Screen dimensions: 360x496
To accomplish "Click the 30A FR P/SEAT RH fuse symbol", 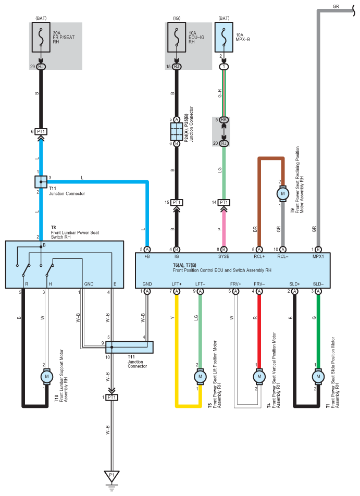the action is coord(41,38).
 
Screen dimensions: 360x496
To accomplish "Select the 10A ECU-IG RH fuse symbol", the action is coord(177,38).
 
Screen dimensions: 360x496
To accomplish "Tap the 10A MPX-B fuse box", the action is coord(224,38).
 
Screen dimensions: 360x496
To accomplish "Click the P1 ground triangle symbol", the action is coord(111,476).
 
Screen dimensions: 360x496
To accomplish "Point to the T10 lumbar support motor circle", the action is coord(47,376).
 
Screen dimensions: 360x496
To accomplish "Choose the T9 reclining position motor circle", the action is coord(282,193).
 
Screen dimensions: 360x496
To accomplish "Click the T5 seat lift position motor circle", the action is coord(200,376).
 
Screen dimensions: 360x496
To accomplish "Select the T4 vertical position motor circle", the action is coord(259,376).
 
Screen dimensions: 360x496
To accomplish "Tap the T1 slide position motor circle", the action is coord(318,376).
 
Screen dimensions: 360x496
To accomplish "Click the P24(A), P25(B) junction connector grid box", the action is coord(177,132).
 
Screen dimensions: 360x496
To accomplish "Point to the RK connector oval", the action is coord(224,120).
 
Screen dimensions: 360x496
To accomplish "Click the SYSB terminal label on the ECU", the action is coord(224,256).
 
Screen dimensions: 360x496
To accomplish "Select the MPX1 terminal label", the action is coord(318,256).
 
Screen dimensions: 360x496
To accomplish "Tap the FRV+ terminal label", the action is coord(235,284).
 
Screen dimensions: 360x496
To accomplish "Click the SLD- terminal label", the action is coord(318,284).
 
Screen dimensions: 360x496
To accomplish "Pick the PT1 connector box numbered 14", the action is coord(224,203).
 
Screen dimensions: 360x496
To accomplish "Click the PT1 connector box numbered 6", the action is coord(41,132).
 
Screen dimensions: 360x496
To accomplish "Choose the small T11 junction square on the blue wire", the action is coord(41,182).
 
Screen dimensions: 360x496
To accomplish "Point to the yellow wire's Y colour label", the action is coord(172,318).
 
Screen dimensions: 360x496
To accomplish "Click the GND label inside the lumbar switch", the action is coord(89,284).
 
